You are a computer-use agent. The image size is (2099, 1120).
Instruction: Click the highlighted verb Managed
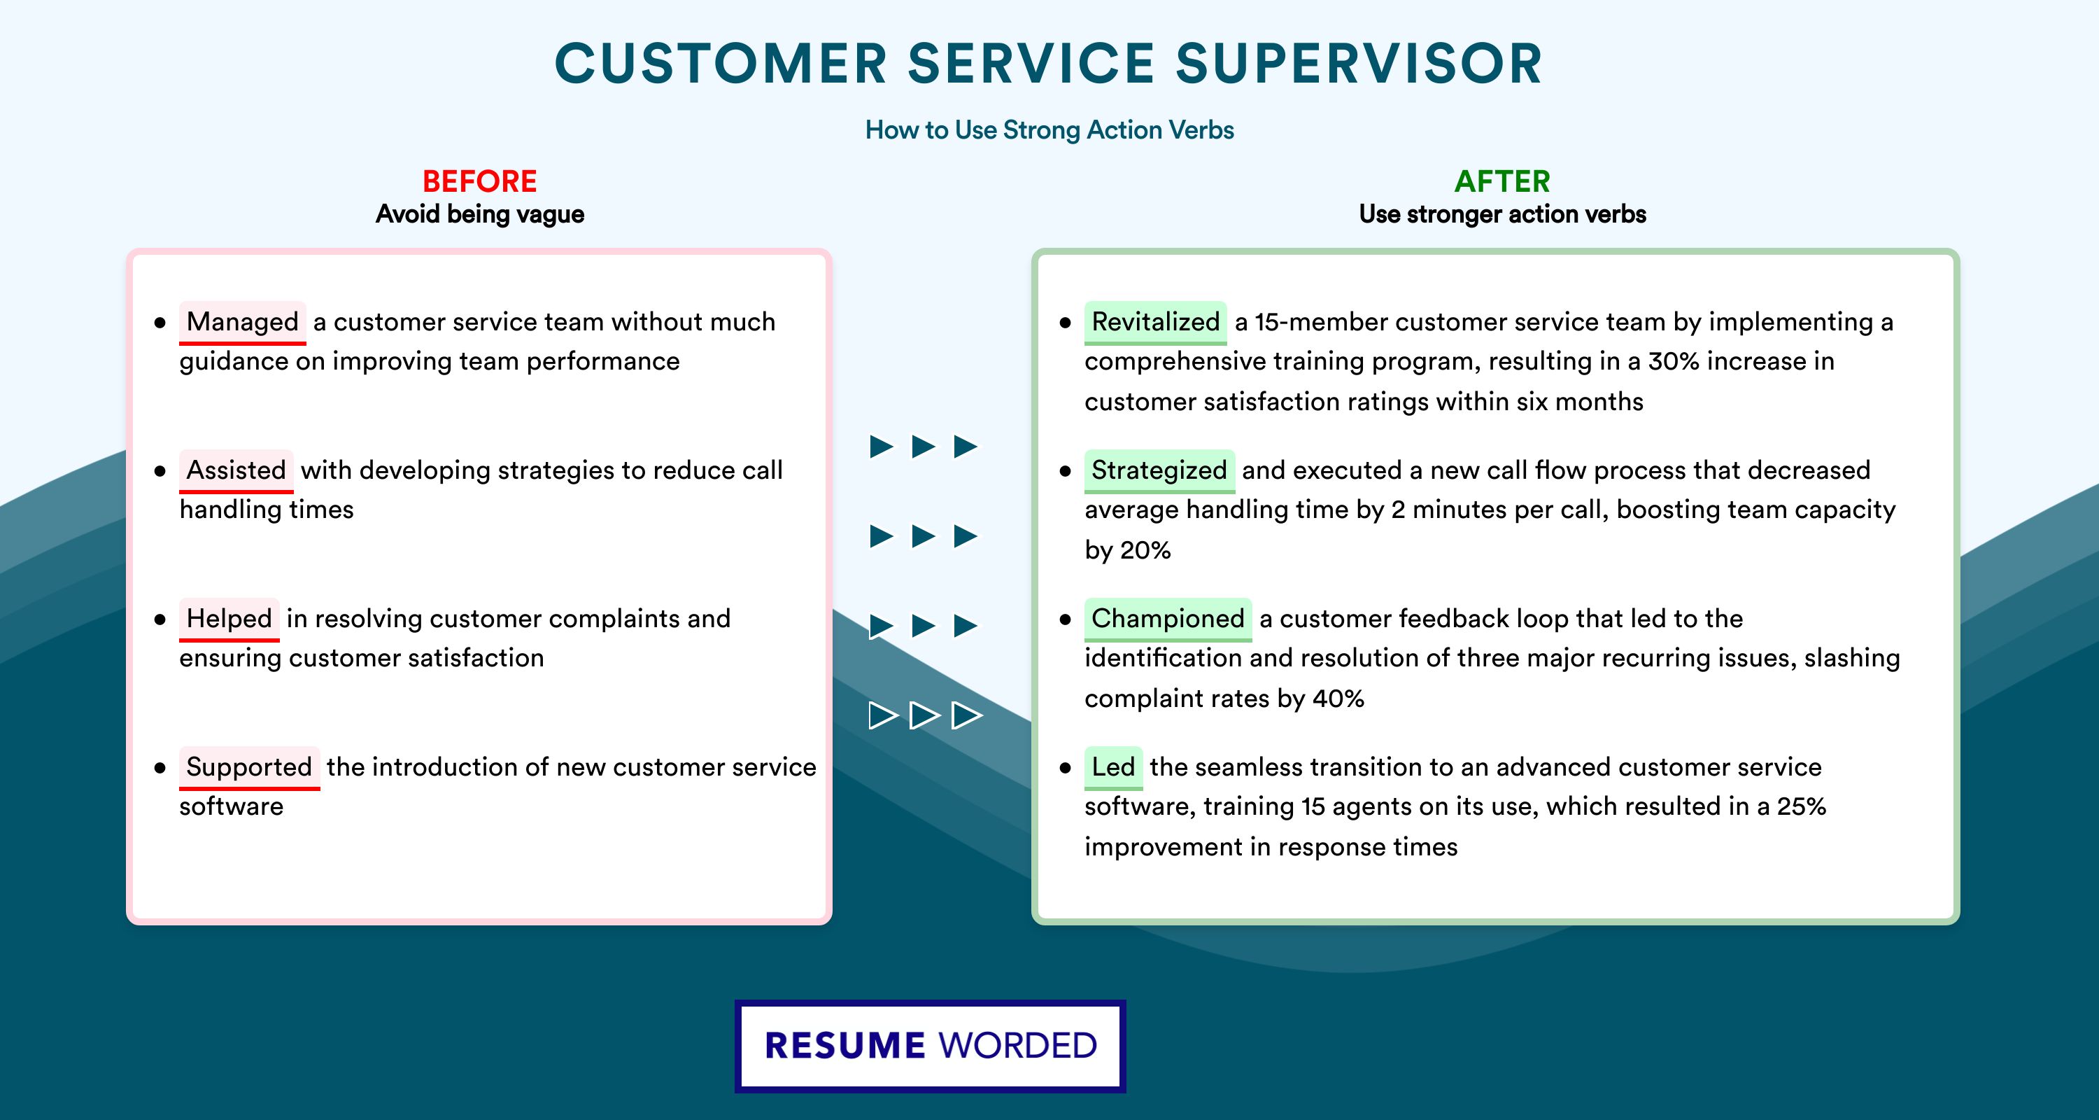tap(242, 322)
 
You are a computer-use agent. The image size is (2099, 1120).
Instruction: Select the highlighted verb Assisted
tap(236, 470)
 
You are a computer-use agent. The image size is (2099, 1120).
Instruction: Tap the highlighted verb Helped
tap(229, 619)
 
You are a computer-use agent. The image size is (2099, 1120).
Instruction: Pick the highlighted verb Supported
tap(249, 767)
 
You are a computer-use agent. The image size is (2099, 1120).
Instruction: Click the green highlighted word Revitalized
tap(1155, 322)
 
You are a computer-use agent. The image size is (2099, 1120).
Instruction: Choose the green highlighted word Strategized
tap(1159, 470)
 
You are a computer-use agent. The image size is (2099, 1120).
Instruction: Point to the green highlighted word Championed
tap(1168, 619)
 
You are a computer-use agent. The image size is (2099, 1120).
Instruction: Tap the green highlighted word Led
tap(1113, 767)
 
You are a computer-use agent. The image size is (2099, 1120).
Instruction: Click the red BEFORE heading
tap(480, 181)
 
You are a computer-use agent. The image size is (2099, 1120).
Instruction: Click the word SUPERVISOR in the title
tap(1359, 64)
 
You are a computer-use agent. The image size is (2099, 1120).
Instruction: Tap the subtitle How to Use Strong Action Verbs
tap(1049, 129)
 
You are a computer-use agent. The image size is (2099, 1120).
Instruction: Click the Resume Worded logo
tap(931, 1046)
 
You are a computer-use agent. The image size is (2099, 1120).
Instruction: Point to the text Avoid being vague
tap(480, 214)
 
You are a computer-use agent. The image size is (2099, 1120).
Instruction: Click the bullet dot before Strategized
tap(1065, 471)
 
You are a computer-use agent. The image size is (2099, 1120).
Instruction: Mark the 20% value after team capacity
tap(1145, 550)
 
